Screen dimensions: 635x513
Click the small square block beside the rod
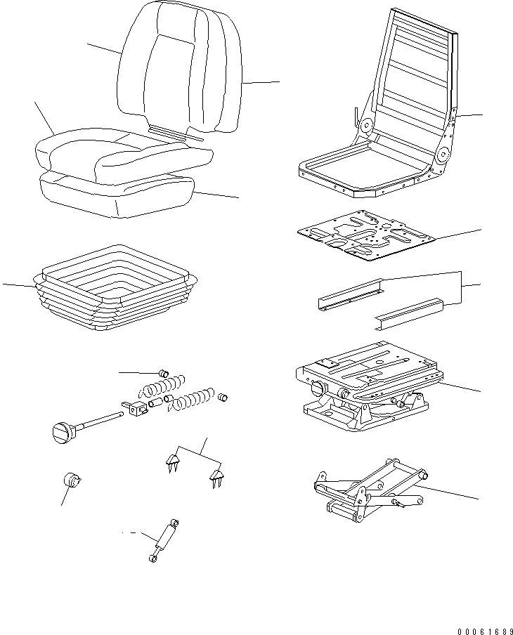pyautogui.click(x=136, y=407)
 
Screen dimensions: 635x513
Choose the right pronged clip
pyautogui.click(x=216, y=478)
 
